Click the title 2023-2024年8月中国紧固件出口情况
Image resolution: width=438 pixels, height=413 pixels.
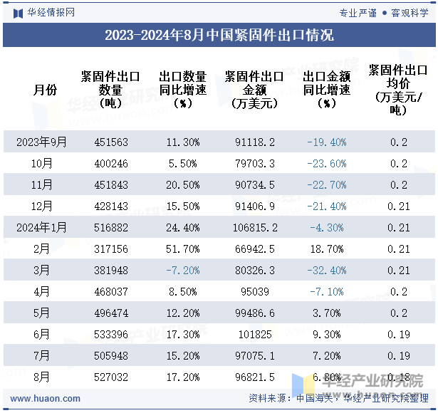pos(219,35)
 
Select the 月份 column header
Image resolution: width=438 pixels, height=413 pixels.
pos(45,90)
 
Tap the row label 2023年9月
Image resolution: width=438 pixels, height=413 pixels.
pos(42,142)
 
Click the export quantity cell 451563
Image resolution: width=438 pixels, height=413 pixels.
pos(111,142)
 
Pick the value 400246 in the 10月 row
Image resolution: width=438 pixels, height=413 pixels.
pos(111,164)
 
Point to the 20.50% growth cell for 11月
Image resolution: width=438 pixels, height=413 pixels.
pos(182,185)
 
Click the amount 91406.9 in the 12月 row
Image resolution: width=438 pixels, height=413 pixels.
pos(255,206)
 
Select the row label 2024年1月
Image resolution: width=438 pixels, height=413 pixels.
pos(42,228)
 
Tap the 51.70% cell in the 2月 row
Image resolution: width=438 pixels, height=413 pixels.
pos(182,249)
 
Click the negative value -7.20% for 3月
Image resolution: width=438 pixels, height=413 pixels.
pos(182,271)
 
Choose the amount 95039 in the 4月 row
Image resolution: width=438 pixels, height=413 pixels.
pos(255,291)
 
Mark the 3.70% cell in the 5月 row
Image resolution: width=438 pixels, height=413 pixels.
pos(326,313)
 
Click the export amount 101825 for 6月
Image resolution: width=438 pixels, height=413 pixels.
pos(255,334)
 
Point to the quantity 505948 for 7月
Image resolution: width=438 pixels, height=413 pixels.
pos(111,355)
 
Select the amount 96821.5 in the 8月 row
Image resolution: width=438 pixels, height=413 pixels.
pos(255,377)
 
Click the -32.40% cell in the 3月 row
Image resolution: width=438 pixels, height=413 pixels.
pos(326,271)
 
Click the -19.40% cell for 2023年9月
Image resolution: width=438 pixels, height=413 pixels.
pos(326,142)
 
